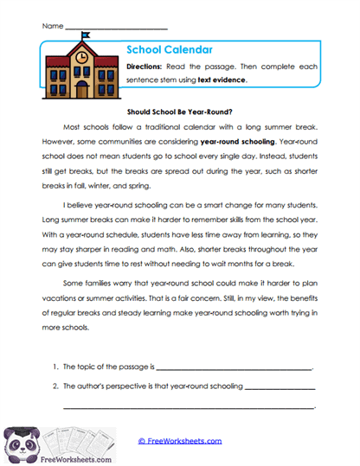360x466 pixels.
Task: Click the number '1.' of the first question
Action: pos(55,367)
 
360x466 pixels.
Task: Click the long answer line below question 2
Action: pos(188,406)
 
